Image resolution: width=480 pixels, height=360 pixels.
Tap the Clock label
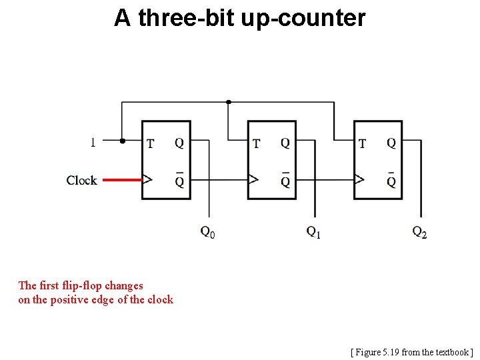(x=81, y=180)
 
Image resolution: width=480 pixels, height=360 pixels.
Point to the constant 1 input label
(x=93, y=141)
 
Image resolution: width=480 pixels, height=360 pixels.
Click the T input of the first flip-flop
(x=150, y=143)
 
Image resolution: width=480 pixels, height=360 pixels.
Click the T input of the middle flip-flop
(x=256, y=143)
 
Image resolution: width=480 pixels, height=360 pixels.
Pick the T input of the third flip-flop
(x=362, y=143)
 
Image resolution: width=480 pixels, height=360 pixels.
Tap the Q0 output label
(x=207, y=232)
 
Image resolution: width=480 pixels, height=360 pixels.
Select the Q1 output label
(x=313, y=232)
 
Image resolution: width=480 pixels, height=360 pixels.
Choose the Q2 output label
(x=419, y=232)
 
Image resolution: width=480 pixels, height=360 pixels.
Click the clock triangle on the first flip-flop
(x=147, y=179)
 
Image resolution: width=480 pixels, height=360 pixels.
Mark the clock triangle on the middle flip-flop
(x=253, y=179)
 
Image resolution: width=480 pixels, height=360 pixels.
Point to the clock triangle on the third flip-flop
(x=359, y=179)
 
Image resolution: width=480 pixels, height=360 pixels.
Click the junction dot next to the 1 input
(x=122, y=141)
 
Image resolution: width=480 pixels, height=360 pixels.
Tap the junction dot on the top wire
(x=229, y=102)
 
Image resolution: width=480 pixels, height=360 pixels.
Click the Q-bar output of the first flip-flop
(x=179, y=180)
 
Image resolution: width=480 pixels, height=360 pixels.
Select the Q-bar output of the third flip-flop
(x=391, y=180)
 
